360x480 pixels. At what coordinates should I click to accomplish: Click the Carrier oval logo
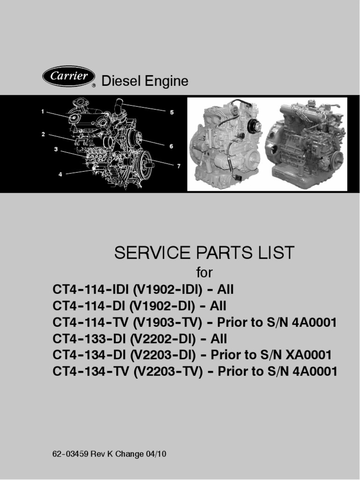68,76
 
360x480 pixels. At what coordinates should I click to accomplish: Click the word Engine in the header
166,82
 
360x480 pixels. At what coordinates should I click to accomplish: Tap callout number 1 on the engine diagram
43,112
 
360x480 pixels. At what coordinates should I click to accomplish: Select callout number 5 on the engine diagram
172,112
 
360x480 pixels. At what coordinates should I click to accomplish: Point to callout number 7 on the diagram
179,166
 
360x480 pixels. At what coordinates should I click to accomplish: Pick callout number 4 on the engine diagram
60,174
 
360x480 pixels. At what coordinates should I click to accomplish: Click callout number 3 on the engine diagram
56,150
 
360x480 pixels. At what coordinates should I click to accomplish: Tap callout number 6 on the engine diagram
172,146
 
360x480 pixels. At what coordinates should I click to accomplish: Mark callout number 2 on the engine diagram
43,134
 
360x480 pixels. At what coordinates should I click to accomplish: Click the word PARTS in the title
223,253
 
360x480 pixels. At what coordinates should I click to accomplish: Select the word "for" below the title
204,272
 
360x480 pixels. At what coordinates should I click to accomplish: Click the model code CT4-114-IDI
91,289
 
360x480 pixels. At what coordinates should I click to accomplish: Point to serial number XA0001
308,355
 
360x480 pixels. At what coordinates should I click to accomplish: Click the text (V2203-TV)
168,371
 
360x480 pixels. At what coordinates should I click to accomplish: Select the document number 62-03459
71,454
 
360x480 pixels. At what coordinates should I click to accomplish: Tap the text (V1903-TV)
168,322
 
